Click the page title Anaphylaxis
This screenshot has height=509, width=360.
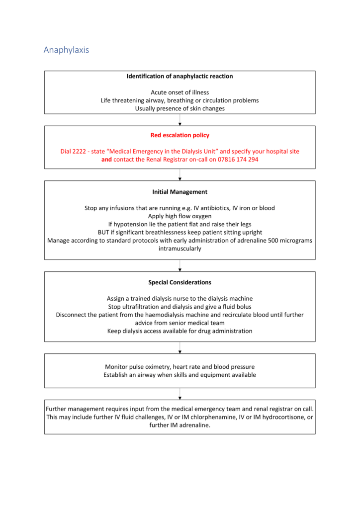pos(66,50)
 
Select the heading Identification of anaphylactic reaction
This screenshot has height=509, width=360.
pos(180,76)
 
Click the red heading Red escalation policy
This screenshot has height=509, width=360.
pos(180,135)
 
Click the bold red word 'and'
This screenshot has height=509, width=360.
pos(106,160)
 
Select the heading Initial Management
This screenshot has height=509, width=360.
pos(180,191)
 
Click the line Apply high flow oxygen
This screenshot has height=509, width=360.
pos(180,216)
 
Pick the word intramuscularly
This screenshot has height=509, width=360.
pos(180,249)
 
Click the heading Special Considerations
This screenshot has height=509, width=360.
pos(180,282)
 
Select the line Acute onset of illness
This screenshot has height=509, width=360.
pos(180,92)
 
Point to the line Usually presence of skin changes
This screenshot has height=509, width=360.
pos(180,108)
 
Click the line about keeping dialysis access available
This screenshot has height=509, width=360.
pos(180,331)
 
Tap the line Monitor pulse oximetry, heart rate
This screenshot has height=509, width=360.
pos(180,366)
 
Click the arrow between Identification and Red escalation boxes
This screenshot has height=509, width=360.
pos(180,120)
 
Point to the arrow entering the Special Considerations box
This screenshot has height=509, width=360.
pos(180,266)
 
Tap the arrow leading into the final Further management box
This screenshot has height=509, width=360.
pos(180,394)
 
